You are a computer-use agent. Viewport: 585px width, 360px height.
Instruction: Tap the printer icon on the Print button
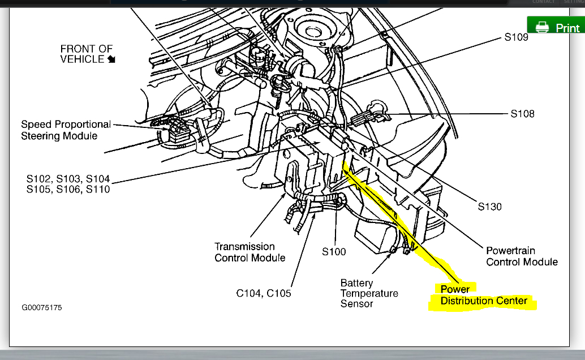(542, 27)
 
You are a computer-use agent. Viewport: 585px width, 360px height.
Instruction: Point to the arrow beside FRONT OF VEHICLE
(111, 59)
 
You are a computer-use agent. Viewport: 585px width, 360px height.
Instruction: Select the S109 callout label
(516, 37)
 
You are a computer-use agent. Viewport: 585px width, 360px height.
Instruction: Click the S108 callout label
(522, 114)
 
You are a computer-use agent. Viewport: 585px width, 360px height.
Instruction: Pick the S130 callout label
(489, 207)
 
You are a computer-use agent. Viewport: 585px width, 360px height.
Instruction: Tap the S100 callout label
(334, 251)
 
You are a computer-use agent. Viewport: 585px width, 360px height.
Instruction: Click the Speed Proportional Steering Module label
(66, 130)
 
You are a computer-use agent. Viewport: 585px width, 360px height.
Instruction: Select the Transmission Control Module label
(250, 252)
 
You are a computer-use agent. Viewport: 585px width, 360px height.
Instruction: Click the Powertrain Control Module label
(522, 256)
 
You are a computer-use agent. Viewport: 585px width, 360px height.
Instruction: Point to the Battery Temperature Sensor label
(369, 293)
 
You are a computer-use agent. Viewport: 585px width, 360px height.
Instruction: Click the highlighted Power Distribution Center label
(483, 295)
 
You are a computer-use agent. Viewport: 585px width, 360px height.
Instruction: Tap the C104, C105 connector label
(263, 293)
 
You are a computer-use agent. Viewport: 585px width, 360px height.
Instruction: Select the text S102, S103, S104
(68, 179)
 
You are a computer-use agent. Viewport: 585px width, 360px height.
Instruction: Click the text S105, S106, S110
(68, 189)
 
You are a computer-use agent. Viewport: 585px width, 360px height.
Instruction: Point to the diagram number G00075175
(42, 308)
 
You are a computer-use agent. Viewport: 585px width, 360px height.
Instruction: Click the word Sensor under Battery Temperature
(356, 304)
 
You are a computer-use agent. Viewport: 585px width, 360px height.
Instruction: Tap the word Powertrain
(510, 250)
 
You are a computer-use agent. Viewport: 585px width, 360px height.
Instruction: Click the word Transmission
(244, 246)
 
